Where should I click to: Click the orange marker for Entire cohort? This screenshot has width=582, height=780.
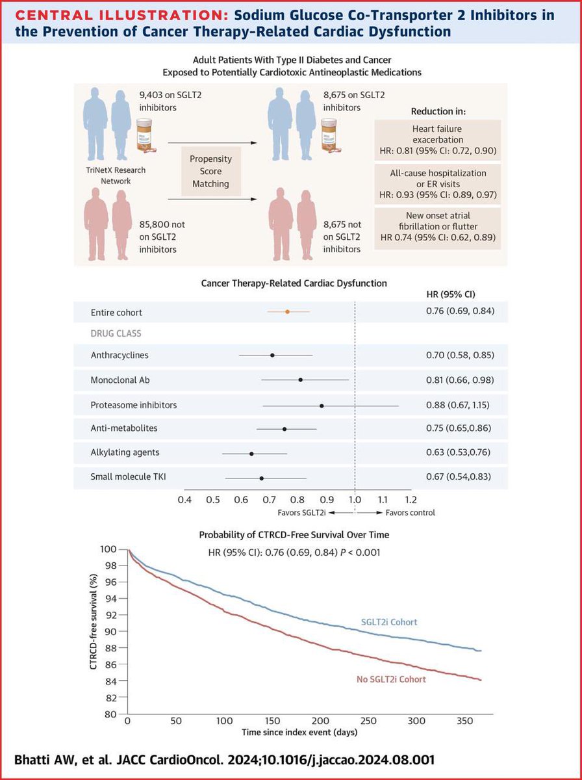287,312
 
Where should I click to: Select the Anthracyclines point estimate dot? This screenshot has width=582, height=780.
272,355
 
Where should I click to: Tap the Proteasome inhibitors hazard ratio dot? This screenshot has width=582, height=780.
322,405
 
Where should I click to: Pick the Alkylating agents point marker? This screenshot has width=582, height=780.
251,453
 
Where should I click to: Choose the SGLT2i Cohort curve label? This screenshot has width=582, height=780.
388,622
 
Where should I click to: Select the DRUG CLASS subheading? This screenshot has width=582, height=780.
116,333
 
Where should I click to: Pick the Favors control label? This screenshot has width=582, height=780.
410,512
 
